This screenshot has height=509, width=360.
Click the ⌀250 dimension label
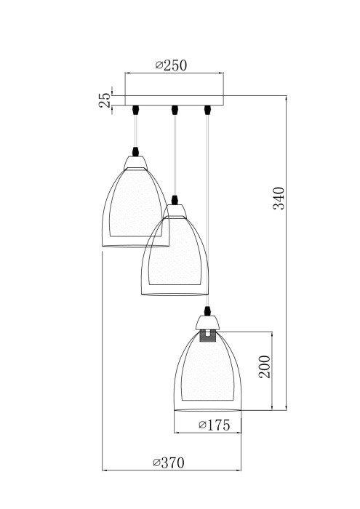tap(172, 65)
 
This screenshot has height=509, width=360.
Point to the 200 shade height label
tap(265, 368)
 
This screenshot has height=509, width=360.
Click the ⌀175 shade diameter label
tap(215, 425)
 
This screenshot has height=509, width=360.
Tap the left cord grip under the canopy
tap(137, 111)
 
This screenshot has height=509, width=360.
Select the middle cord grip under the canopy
tap(175, 111)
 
